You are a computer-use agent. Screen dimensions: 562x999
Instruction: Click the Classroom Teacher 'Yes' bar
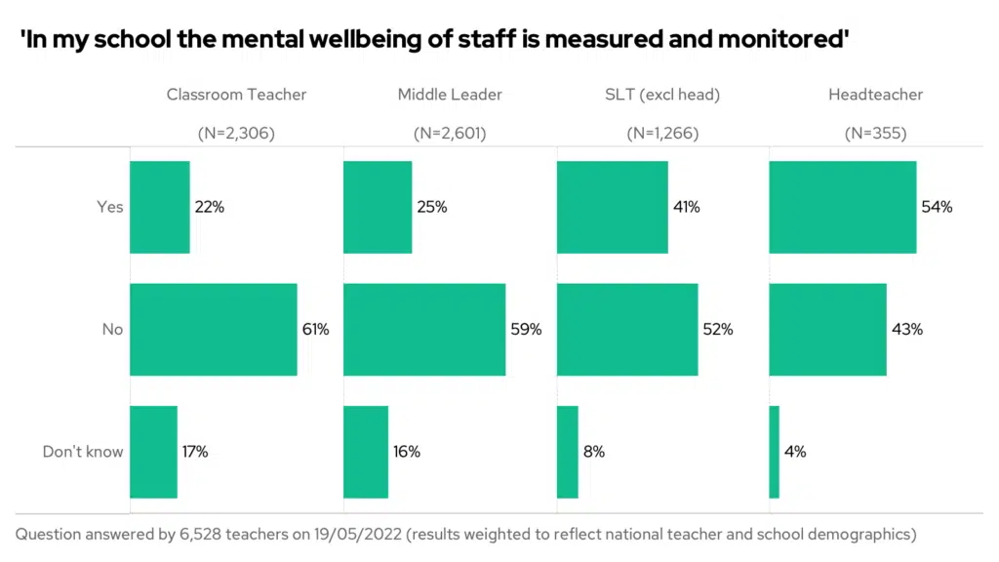pyautogui.click(x=159, y=207)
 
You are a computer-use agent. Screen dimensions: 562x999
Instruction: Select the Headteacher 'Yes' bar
pyautogui.click(x=842, y=207)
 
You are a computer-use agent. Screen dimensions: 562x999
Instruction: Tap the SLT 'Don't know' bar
pyautogui.click(x=567, y=452)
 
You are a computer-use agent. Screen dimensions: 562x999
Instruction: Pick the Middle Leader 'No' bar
pyautogui.click(x=424, y=330)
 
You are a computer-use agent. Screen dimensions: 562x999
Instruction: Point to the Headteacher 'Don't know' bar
pyautogui.click(x=774, y=452)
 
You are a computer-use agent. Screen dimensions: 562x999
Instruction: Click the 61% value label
pyautogui.click(x=315, y=330)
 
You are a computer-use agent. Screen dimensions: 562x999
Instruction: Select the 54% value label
pyautogui.click(x=937, y=207)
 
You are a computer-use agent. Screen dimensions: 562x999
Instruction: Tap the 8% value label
pyautogui.click(x=594, y=452)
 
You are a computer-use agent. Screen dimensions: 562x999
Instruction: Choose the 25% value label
pyautogui.click(x=431, y=207)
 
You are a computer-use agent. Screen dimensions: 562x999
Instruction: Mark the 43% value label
pyautogui.click(x=906, y=330)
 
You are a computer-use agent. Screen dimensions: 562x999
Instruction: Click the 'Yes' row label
pyautogui.click(x=109, y=207)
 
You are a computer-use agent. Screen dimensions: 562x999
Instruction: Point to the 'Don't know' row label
pyautogui.click(x=83, y=452)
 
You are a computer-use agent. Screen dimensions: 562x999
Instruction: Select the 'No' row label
pyautogui.click(x=112, y=330)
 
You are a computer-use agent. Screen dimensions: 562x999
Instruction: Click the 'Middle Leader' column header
pyautogui.click(x=450, y=95)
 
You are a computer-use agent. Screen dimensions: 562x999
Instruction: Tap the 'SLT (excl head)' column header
pyautogui.click(x=662, y=95)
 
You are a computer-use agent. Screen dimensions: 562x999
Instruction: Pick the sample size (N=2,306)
pyautogui.click(x=236, y=134)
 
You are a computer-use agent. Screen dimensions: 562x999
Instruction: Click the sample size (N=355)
pyautogui.click(x=875, y=134)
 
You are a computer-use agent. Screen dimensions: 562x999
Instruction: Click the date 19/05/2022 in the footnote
pyautogui.click(x=349, y=534)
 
